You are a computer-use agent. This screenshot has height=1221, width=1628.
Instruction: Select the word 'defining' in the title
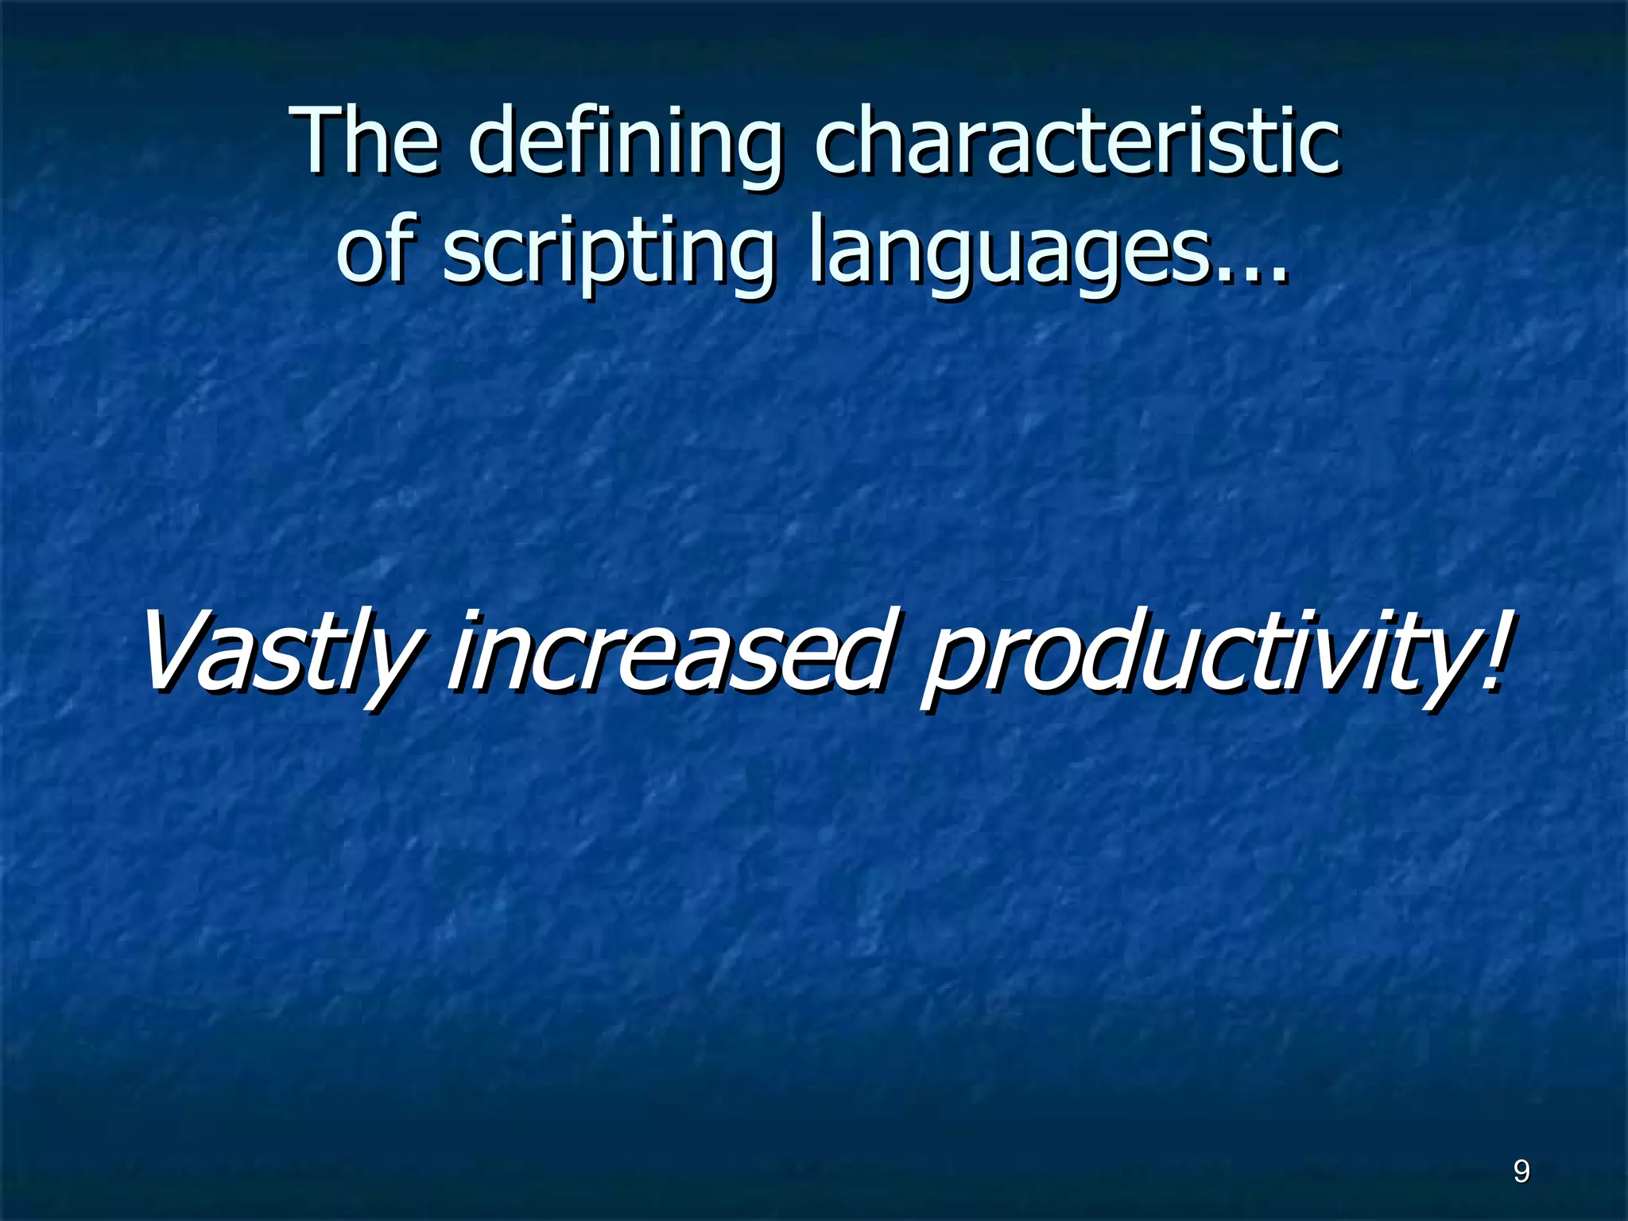625,147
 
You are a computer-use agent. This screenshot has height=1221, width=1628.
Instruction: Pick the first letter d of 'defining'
498,143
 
